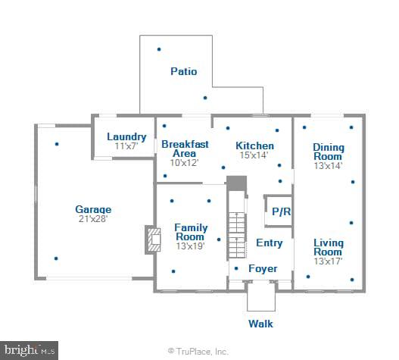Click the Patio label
pos(183,72)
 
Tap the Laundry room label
pos(121,137)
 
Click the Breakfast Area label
pos(185,149)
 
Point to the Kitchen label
pos(255,146)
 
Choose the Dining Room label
pos(329,152)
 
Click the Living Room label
pos(329,247)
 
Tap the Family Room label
pos(190,232)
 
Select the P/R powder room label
pos(281,212)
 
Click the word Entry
pos(269,243)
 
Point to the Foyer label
pos(263,268)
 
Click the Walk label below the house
pos(260,324)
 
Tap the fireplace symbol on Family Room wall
pos(154,240)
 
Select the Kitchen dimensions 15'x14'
pos(255,155)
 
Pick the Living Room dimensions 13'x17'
pos(329,261)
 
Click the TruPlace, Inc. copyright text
pos(198,352)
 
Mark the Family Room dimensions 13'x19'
pos(190,246)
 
